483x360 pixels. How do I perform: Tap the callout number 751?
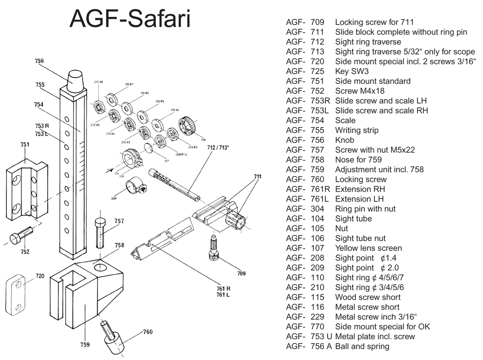coord(25,144)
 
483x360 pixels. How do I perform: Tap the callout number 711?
coord(258,176)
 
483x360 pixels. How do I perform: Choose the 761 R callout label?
coord(223,288)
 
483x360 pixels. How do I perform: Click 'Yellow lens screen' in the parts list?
coord(368,248)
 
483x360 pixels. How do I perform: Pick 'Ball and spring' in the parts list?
coord(362,346)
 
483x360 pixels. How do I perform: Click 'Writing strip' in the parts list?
coord(357,130)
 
